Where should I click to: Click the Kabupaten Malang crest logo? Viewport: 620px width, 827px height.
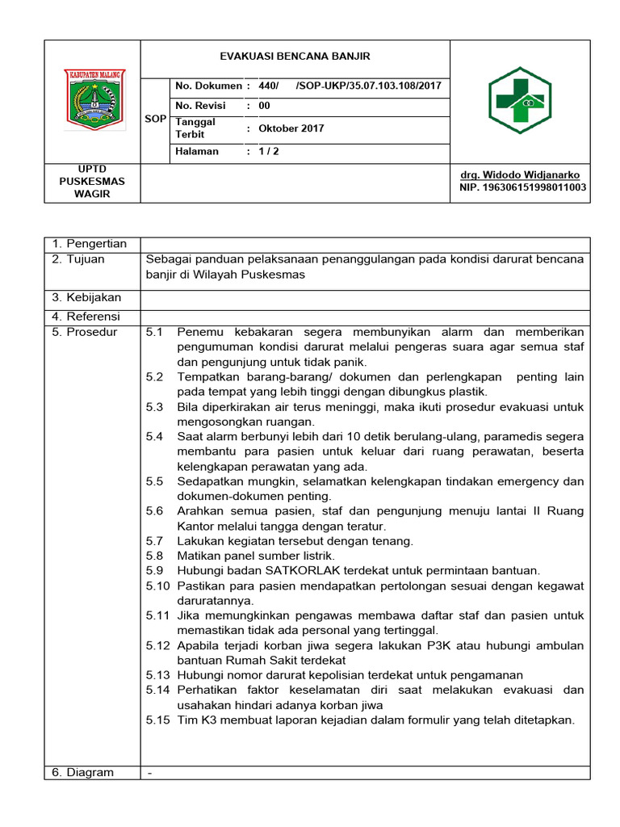(92, 99)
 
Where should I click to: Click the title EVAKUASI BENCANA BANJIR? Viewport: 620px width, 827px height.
(295, 57)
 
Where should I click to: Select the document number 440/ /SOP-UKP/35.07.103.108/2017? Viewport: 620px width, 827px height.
(350, 86)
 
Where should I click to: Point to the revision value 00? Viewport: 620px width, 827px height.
(264, 106)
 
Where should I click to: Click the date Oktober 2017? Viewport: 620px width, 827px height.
(291, 128)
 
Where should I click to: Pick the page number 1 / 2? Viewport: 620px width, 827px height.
(269, 151)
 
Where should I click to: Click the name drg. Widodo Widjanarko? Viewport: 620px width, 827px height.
(519, 175)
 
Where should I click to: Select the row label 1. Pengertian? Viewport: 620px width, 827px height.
(89, 244)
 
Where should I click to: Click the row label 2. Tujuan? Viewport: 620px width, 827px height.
(83, 259)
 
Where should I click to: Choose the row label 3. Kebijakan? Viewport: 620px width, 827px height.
(86, 298)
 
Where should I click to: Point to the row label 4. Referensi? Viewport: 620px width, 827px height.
(86, 316)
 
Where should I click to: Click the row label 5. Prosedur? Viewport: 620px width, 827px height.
(84, 332)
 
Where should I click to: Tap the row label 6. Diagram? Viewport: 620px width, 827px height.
(83, 772)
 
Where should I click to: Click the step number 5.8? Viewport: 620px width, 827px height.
(155, 556)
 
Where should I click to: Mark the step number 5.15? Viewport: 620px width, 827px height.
(158, 720)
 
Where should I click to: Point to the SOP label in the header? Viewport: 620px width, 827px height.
(155, 119)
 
